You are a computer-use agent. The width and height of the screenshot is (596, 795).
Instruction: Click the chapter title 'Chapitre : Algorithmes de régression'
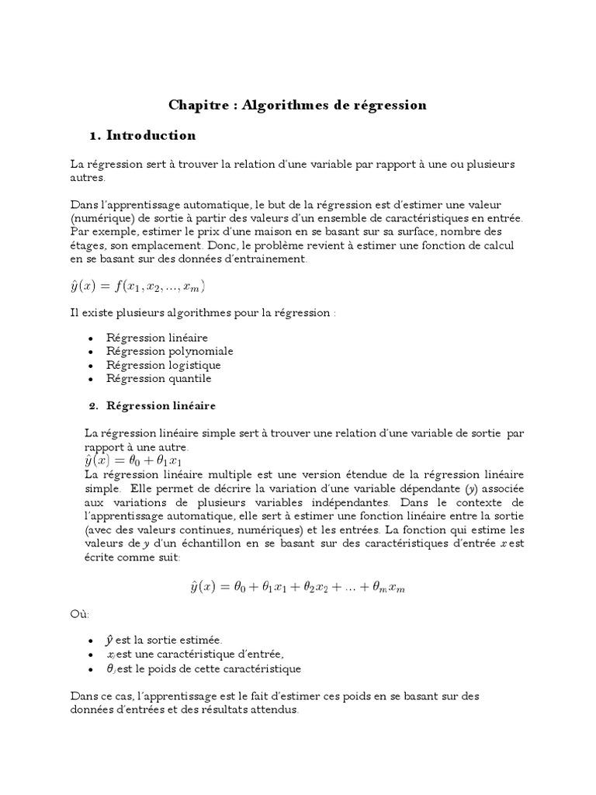298,105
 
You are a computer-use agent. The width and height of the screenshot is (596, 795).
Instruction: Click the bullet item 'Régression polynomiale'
169,351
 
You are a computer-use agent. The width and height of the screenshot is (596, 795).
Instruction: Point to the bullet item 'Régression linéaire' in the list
159,338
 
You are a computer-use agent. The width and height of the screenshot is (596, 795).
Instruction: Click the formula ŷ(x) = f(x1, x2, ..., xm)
139,286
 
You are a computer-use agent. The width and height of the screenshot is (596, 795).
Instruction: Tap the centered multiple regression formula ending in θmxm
298,588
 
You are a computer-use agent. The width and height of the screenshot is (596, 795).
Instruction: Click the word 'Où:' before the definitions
79,614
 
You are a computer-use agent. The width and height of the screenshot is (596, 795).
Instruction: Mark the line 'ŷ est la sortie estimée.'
164,641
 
